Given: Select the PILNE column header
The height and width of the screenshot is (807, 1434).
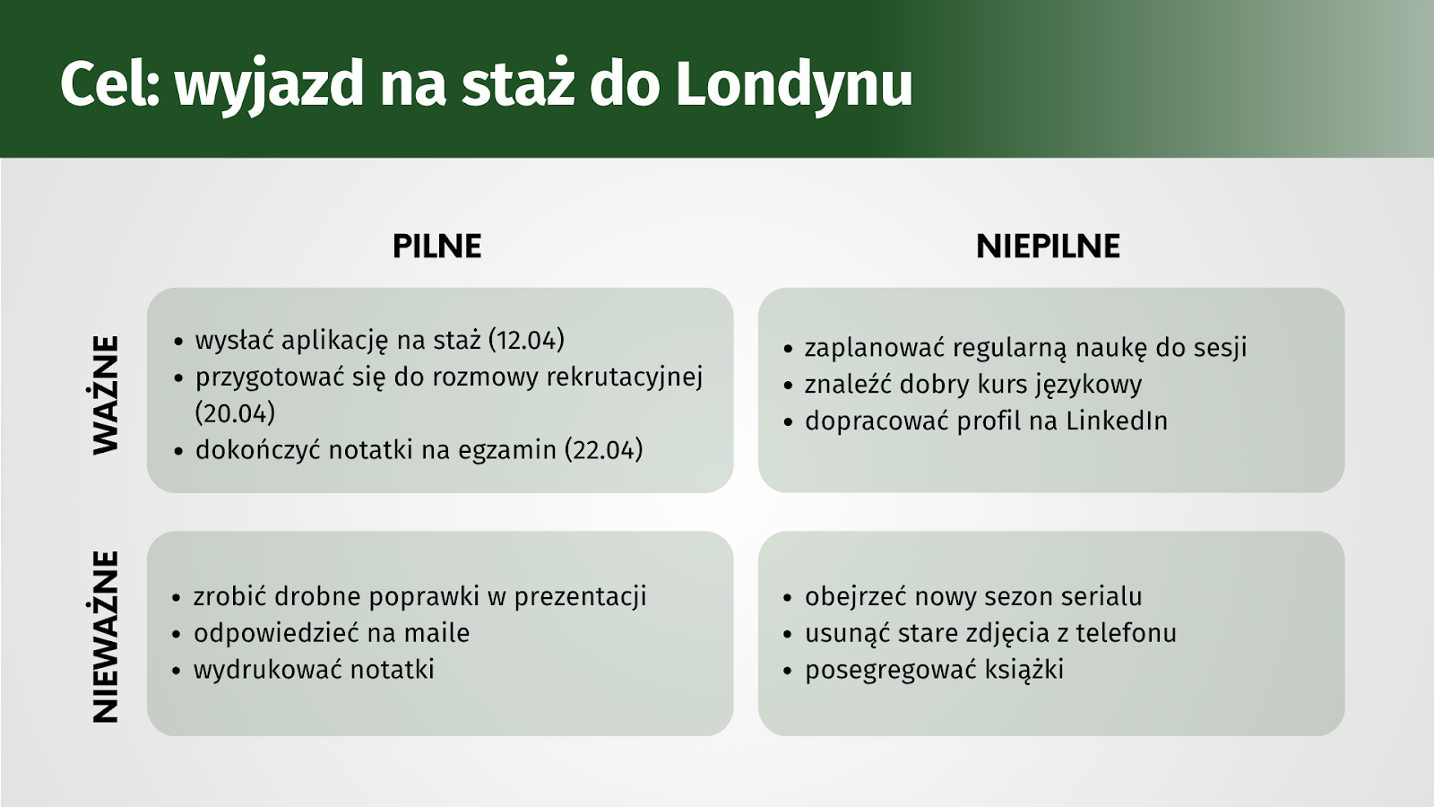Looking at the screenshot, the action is click(x=436, y=247).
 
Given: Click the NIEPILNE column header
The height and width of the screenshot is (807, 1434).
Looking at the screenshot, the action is click(x=1048, y=247).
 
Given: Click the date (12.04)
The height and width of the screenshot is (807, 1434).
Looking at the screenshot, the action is click(x=526, y=340).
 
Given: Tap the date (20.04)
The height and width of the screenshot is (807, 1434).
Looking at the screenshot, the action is click(x=235, y=413).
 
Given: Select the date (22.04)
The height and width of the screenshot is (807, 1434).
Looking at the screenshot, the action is click(x=604, y=449).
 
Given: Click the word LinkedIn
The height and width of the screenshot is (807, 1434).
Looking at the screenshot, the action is click(x=1117, y=421).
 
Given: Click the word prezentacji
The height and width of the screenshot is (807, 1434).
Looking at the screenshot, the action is click(x=581, y=597).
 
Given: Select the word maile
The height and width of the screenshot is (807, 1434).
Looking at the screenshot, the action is click(x=436, y=633).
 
